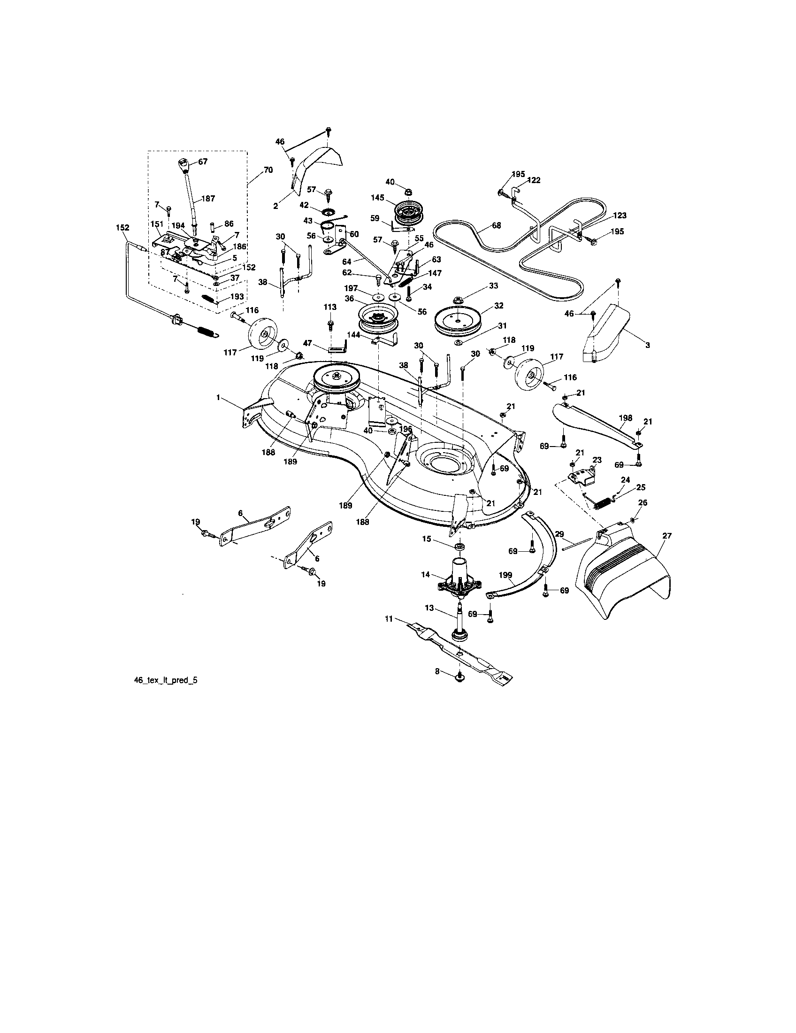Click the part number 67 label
click(203, 161)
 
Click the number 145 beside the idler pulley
click(377, 197)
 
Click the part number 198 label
click(625, 418)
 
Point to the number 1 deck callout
click(218, 398)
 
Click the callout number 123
click(620, 216)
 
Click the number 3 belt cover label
click(647, 346)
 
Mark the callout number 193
click(237, 296)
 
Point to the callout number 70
click(268, 170)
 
